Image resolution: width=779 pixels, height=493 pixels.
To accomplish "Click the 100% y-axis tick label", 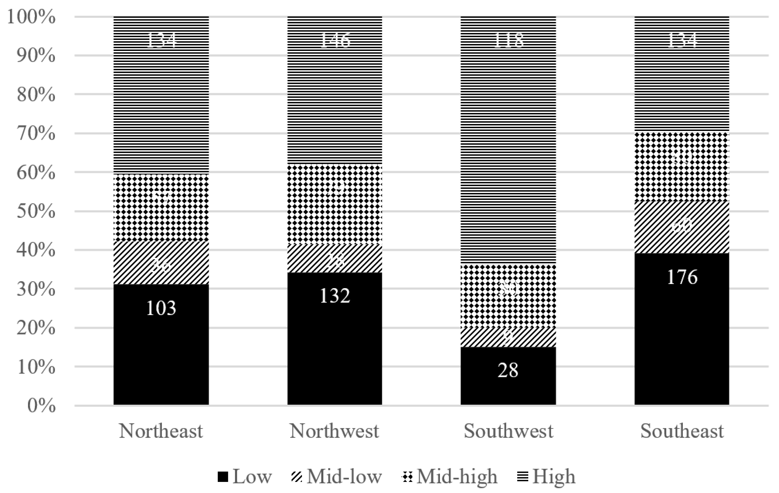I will (x=31, y=17).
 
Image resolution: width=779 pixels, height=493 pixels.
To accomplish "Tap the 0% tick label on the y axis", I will (x=41, y=406).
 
